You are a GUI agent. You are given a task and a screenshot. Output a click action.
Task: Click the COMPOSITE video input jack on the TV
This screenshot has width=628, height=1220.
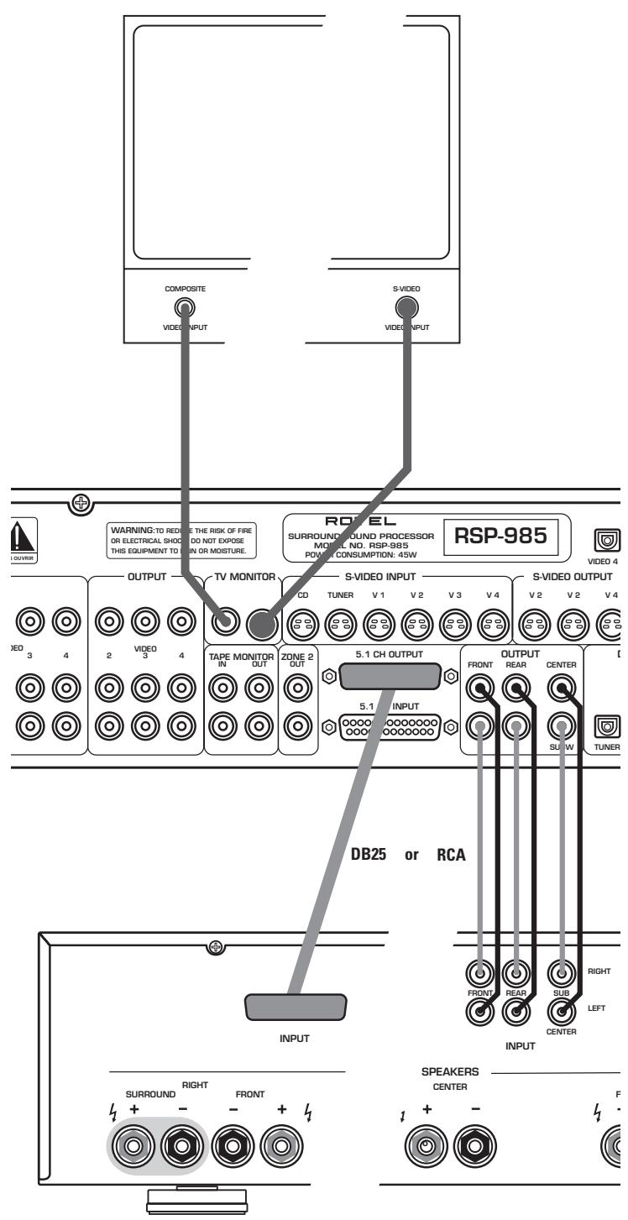coord(184,308)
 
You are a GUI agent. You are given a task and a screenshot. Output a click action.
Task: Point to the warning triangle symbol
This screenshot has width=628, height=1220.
coord(16,536)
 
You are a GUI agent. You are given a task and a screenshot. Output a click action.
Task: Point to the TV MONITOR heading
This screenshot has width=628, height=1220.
coord(241,579)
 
